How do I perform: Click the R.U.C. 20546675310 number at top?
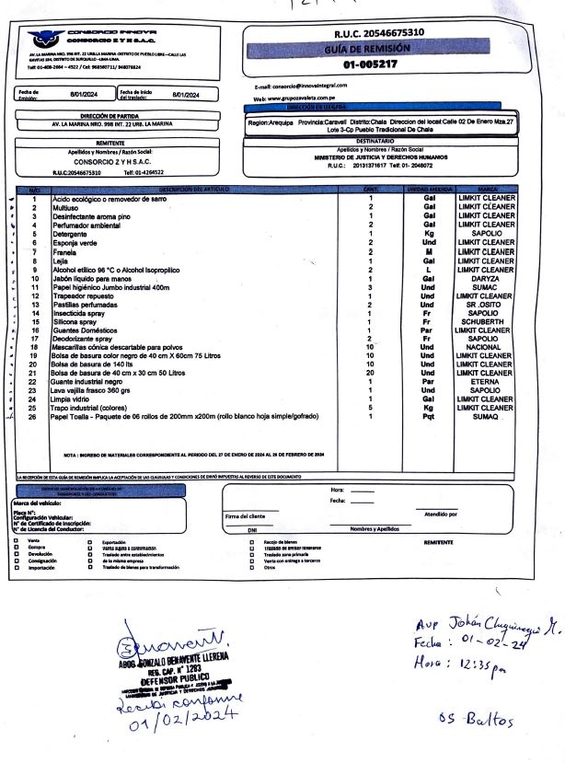point(379,33)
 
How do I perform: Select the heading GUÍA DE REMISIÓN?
point(380,49)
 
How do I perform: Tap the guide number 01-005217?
point(371,65)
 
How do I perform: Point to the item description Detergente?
point(70,234)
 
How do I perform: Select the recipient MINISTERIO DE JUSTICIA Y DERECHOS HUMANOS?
point(380,157)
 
